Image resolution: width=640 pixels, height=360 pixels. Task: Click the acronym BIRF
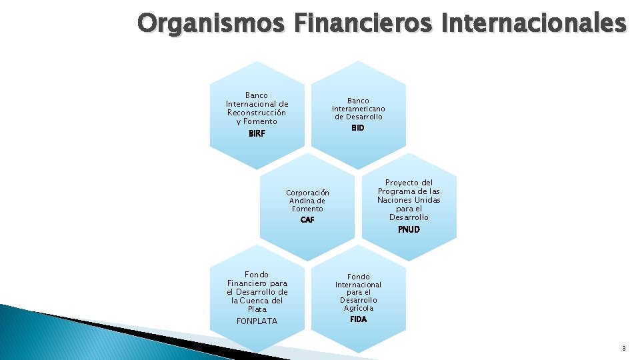click(257, 133)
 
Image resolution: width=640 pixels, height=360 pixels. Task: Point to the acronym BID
click(358, 127)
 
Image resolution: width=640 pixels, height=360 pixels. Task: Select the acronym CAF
click(307, 219)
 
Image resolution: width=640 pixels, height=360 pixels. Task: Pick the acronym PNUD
click(409, 229)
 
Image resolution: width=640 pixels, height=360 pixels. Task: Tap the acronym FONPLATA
click(257, 321)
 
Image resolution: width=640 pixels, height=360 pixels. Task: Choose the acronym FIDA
click(358, 319)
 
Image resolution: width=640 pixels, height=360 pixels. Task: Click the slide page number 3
click(624, 348)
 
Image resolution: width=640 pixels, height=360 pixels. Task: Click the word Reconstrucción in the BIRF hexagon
click(257, 113)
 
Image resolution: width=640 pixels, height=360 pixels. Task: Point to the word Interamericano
click(359, 109)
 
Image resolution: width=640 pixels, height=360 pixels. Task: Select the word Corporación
click(307, 193)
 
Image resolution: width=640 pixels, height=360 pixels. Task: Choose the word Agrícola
click(359, 308)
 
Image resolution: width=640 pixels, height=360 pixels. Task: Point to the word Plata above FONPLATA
click(257, 309)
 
